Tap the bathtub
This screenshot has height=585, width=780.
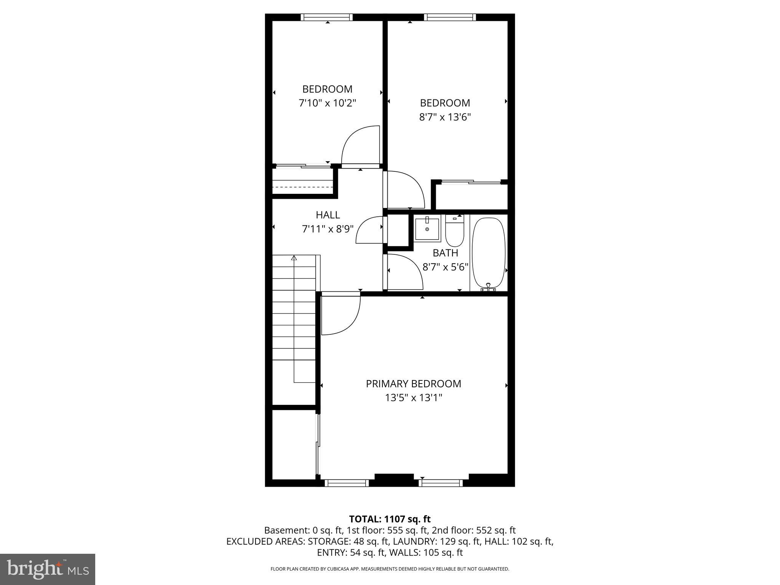point(489,253)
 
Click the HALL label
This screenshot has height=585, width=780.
point(328,215)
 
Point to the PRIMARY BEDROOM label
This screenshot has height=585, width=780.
point(413,384)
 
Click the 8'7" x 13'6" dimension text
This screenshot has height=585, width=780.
point(445,117)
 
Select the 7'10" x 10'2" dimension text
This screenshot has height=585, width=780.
point(328,103)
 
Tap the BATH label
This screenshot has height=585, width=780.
point(445,253)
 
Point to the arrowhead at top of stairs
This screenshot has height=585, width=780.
point(294,258)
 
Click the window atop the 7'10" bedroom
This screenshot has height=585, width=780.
point(326,17)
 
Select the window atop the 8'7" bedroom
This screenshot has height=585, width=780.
point(450,17)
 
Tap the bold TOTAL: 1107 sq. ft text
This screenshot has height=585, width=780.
point(390,519)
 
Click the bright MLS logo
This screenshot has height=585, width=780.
point(48,569)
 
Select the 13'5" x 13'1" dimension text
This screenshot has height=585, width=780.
point(413,398)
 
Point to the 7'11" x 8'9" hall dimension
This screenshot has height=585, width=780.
point(328,229)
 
